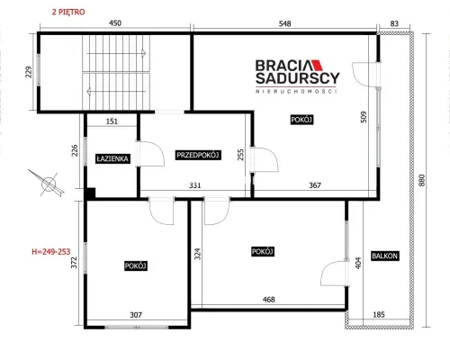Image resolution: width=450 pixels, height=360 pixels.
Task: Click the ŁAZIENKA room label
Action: [112, 158]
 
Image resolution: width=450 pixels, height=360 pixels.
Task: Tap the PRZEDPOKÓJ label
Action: [198, 155]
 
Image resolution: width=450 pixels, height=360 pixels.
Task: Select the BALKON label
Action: [384, 256]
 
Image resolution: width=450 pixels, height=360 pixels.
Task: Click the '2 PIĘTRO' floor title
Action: [68, 12]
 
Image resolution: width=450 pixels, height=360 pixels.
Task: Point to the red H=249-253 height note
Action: [51, 251]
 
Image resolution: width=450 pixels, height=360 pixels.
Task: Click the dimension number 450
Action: [115, 23]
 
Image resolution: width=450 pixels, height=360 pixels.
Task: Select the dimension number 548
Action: [284, 23]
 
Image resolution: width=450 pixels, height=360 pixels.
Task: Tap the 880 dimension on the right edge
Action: [422, 180]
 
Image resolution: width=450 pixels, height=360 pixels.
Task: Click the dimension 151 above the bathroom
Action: [112, 121]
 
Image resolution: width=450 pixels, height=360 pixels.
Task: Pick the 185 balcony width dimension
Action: [379, 315]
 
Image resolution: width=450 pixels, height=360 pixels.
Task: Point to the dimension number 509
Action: [364, 118]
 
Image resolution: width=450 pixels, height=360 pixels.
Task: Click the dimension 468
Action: [268, 300]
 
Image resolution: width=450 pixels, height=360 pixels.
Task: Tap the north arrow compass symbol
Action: [48, 183]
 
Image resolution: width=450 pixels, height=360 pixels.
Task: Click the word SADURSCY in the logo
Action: [298, 78]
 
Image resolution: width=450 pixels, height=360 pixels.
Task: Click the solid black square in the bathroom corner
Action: [90, 193]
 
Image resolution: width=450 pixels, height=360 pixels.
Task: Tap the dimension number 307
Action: [136, 315]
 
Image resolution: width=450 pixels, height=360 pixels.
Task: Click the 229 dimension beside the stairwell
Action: [29, 72]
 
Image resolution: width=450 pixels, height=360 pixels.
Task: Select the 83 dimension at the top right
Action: [394, 23]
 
